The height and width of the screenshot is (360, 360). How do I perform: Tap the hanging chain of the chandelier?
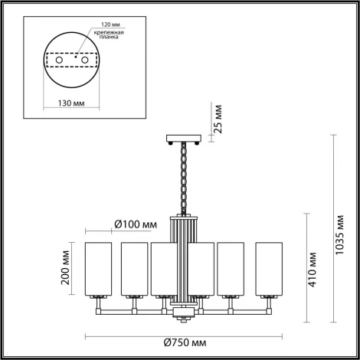pyautogui.click(x=183, y=176)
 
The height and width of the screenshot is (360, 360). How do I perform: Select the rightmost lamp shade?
pyautogui.click(x=267, y=268)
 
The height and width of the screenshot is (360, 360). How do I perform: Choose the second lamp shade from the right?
pyautogui.click(x=233, y=268)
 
